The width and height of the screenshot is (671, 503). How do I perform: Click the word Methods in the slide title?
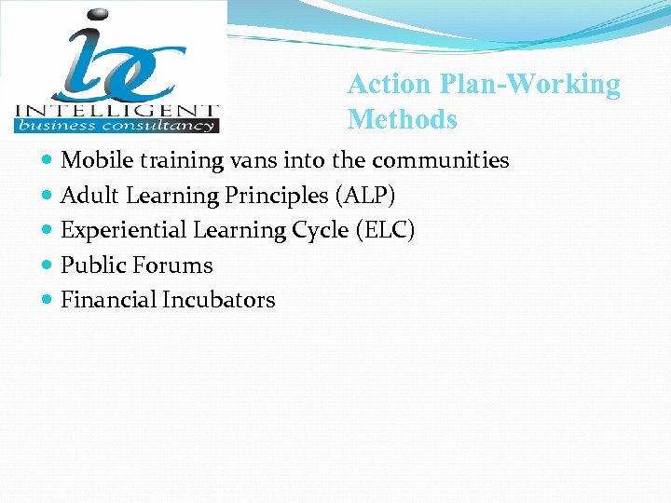coord(403,120)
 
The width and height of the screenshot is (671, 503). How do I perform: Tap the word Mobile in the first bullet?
coord(97,160)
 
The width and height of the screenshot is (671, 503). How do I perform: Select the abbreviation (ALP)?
coord(364,196)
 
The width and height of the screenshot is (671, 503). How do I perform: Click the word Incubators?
coord(219,300)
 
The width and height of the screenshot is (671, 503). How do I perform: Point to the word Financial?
coord(108,300)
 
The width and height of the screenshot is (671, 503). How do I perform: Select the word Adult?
coord(87,196)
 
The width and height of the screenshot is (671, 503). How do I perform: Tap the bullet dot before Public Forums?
coord(48,266)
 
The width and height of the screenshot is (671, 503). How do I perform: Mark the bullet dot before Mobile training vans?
coord(48,161)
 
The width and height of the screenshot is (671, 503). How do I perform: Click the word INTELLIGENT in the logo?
coord(116,109)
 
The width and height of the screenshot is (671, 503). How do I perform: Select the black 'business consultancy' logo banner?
coord(116,125)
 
